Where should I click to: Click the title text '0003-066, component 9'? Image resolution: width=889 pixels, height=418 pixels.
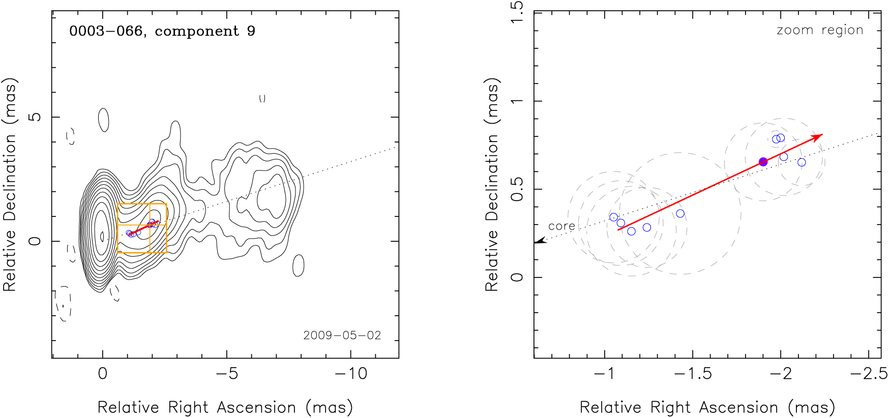[162, 31]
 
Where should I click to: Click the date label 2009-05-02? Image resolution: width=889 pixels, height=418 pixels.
[342, 335]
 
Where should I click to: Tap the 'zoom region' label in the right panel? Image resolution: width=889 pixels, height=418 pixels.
[820, 30]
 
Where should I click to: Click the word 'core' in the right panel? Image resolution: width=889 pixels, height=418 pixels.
[561, 226]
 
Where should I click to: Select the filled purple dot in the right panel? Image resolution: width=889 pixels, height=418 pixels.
[763, 162]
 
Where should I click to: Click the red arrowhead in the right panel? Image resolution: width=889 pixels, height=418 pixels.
[818, 136]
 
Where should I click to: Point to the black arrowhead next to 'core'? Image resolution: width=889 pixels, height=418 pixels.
[540, 241]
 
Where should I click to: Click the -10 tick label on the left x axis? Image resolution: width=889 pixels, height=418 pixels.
[351, 374]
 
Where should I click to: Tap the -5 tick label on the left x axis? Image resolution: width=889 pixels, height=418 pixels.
[227, 374]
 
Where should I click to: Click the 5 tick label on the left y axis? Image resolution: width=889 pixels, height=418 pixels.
[35, 117]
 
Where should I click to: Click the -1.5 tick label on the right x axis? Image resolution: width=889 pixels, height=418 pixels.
[693, 374]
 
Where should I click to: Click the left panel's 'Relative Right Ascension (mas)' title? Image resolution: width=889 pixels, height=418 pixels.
[225, 407]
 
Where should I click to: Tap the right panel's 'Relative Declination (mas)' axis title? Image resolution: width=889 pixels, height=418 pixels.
[491, 184]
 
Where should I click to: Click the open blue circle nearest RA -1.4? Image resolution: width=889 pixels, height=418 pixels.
[680, 214]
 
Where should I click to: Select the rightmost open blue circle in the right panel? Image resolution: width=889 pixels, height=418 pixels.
[802, 162]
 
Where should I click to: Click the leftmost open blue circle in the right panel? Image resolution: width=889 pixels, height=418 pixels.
[613, 217]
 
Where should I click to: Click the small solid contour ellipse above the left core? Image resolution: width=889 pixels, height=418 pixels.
[103, 120]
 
